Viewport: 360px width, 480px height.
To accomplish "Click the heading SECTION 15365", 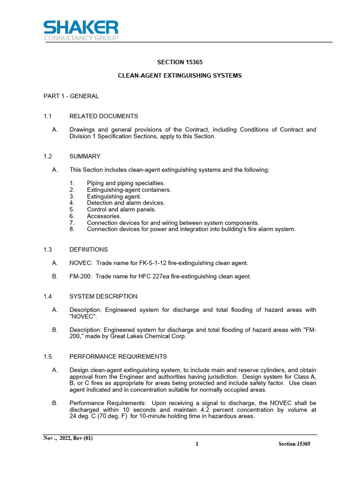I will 180,62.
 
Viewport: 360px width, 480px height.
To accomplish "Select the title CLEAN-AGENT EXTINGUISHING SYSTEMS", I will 180,75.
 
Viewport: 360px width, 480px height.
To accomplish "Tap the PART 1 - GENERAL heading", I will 71,96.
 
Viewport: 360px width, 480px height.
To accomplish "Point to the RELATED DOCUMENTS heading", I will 104,116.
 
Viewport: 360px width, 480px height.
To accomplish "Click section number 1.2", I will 47,156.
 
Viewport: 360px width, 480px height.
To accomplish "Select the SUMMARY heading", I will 85,156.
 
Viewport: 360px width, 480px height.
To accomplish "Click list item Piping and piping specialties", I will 126,183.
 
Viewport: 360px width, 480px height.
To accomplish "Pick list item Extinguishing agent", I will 114,196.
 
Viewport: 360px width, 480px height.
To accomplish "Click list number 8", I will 72,229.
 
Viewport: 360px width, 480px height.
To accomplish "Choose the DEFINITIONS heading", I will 89,249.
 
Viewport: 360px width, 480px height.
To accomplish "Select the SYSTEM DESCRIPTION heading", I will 104,296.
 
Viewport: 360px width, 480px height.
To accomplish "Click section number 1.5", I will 47,357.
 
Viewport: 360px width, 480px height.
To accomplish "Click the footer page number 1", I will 197,444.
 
